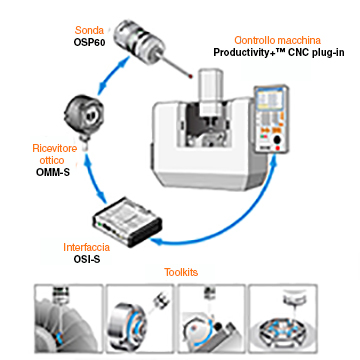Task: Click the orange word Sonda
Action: [89, 30]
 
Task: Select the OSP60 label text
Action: [87, 42]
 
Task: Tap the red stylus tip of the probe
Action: [190, 76]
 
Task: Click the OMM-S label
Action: [53, 172]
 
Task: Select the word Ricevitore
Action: [55, 148]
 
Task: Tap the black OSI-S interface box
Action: [127, 221]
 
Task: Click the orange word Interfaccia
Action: [86, 247]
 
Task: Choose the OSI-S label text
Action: [87, 259]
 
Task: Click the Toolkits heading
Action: [181, 272]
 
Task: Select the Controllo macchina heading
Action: [277, 40]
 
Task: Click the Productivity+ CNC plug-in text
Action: [279, 53]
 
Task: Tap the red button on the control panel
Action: [277, 148]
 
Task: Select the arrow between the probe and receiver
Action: [113, 73]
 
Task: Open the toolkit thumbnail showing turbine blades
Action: [68, 319]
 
